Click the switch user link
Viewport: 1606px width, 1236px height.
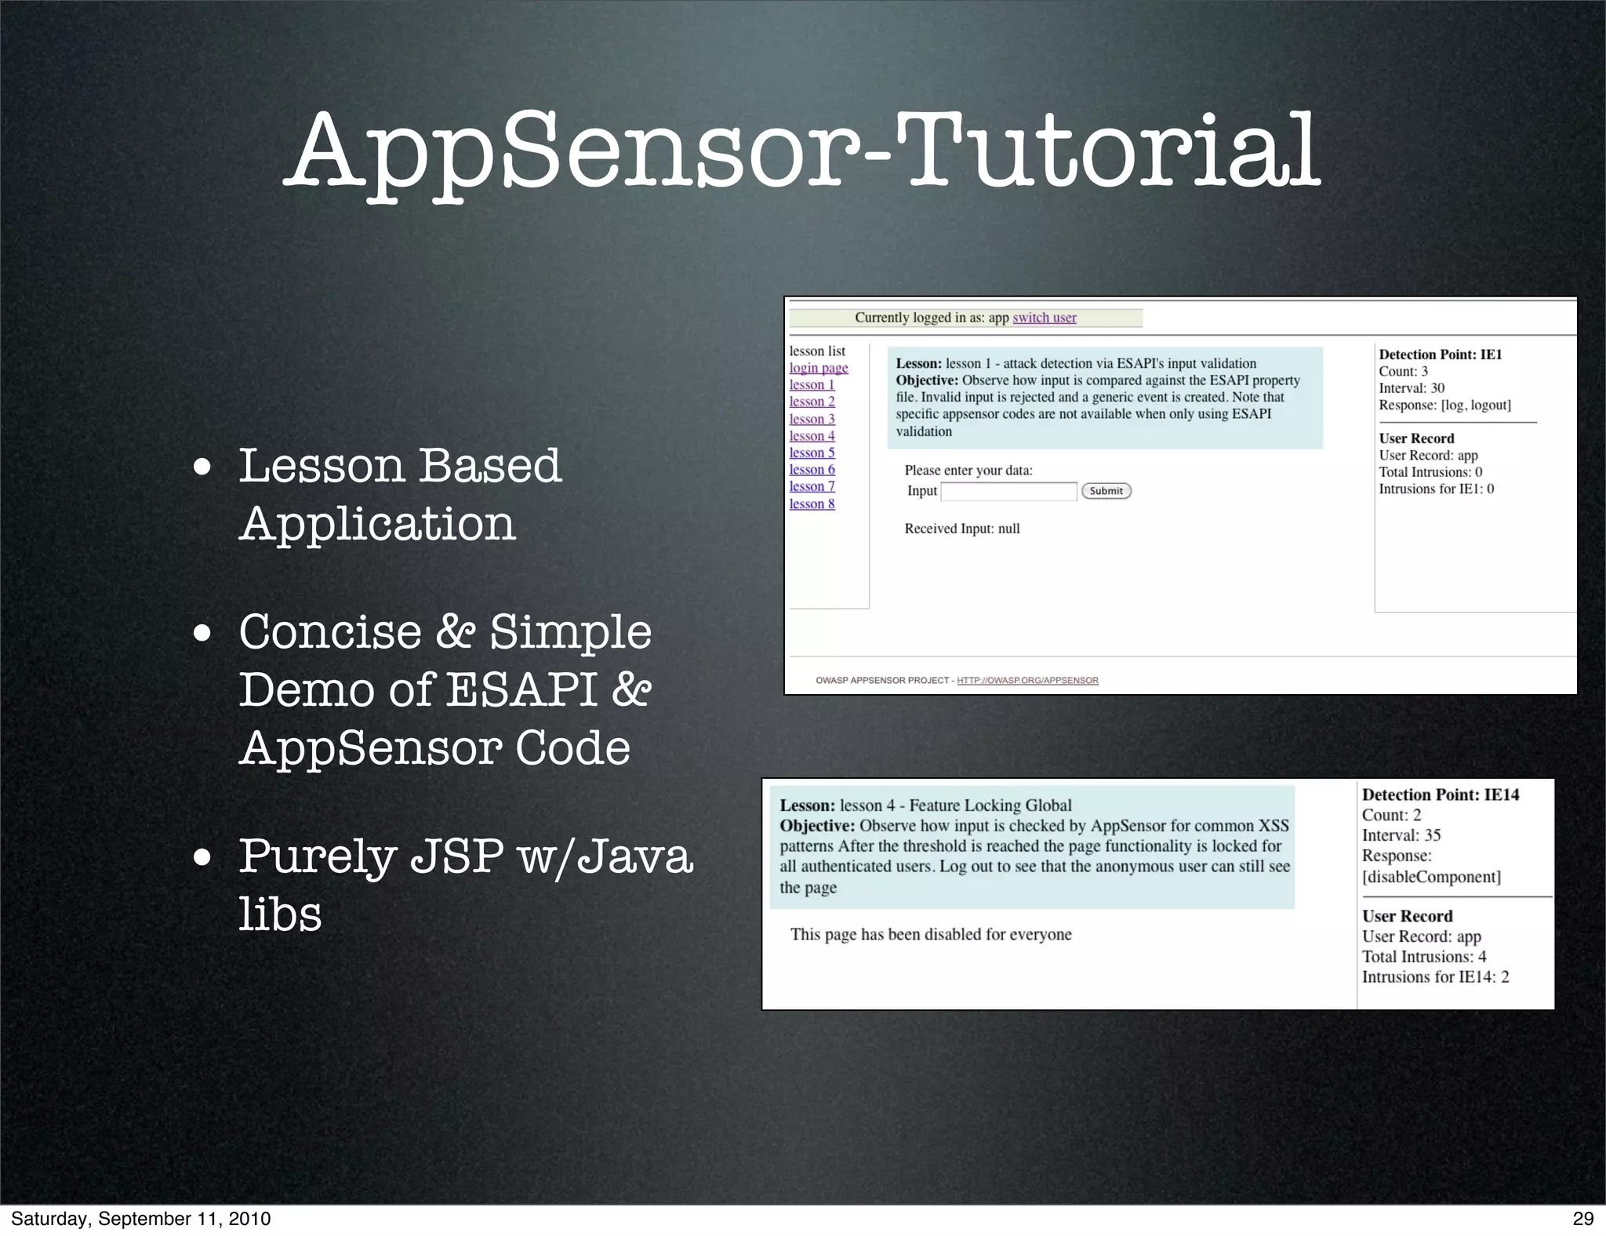point(1044,318)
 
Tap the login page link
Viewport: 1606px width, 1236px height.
point(818,368)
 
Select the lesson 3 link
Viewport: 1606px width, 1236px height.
point(812,419)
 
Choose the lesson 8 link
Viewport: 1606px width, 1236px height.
point(812,503)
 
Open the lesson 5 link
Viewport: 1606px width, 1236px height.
point(812,453)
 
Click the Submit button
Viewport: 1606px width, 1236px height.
point(1106,491)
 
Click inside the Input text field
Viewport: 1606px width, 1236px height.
point(1008,492)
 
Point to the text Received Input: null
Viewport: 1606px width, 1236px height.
point(961,529)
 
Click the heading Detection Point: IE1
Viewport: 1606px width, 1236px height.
point(1440,354)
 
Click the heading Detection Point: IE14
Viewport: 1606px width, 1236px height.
point(1440,794)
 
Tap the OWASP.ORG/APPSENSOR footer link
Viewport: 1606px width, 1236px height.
point(1027,680)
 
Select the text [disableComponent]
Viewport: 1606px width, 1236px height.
point(1431,877)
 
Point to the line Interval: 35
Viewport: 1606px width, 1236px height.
point(1401,835)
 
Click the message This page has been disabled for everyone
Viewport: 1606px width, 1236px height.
point(930,934)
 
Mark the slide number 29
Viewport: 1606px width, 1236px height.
point(1583,1218)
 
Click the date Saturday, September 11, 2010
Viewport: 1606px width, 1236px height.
point(141,1218)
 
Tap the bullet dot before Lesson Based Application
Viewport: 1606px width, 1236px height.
point(202,467)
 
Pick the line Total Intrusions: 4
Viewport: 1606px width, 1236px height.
point(1423,957)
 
